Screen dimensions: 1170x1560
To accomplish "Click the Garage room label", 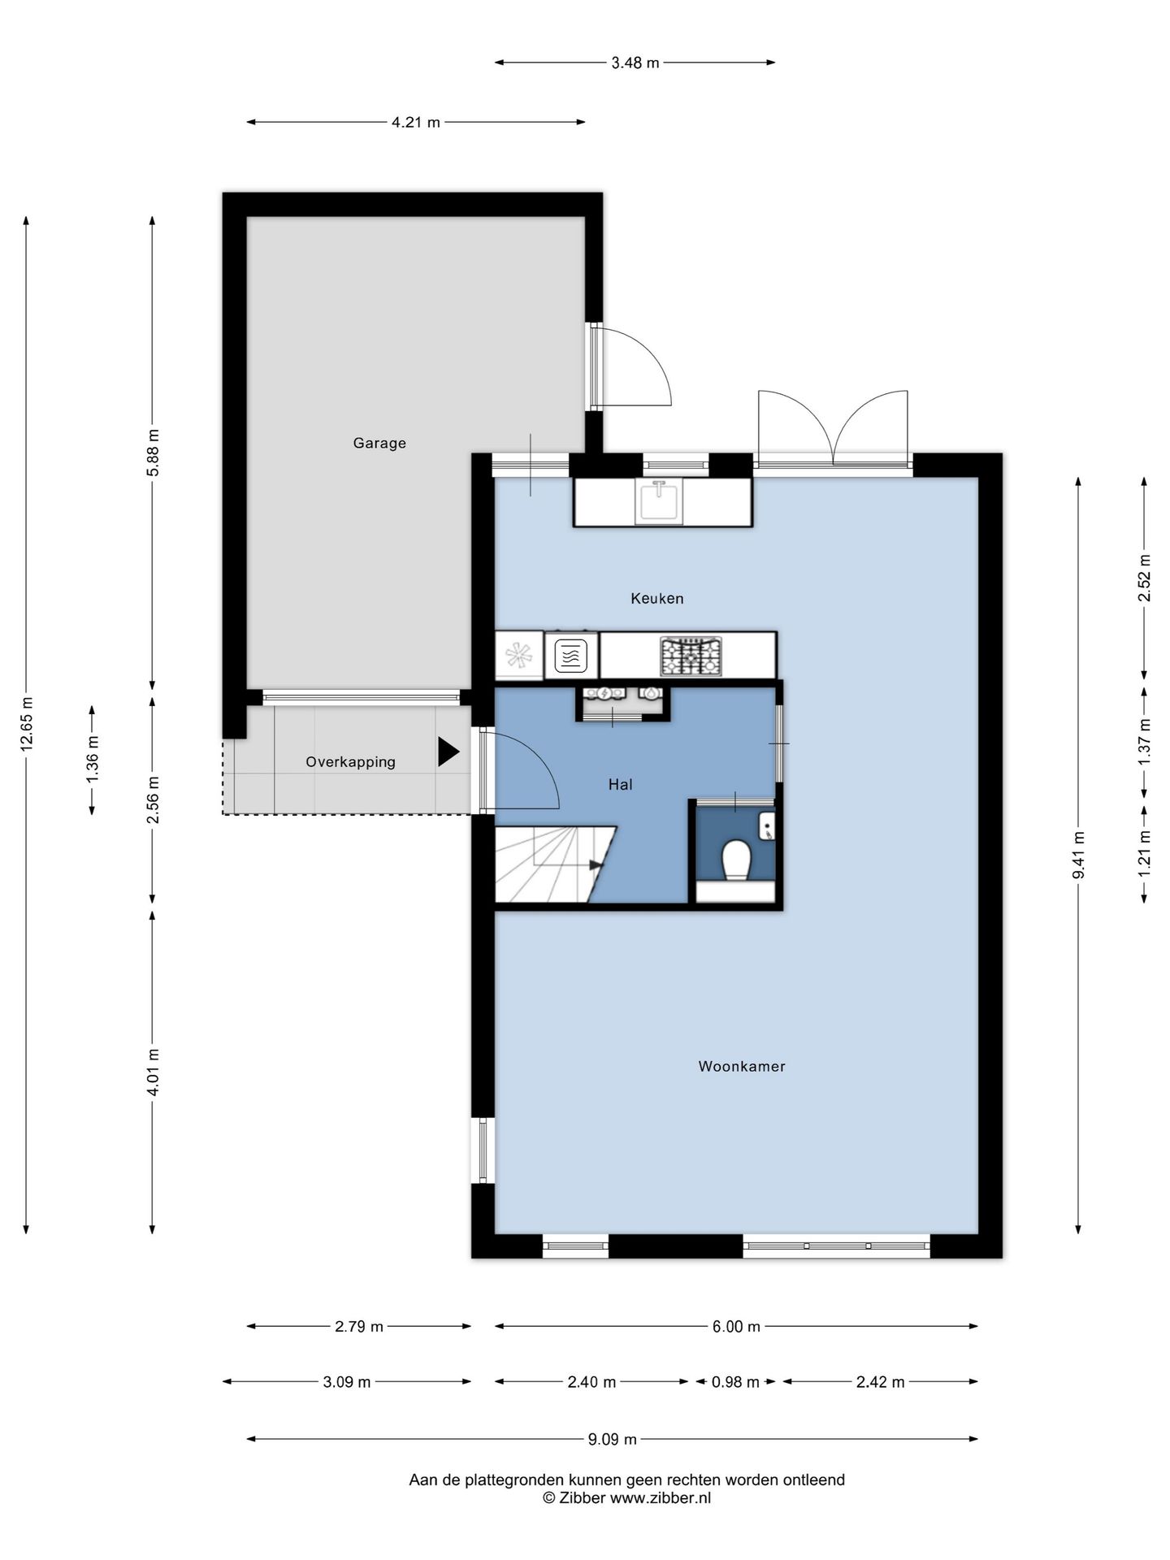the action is [x=379, y=443].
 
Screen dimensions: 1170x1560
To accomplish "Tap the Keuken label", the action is [x=657, y=598].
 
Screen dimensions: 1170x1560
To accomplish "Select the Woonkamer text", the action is [x=742, y=1066].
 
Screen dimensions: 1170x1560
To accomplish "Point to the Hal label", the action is [x=621, y=784].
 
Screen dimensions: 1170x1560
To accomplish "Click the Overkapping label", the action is [x=350, y=762].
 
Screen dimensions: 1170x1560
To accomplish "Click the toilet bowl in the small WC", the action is [x=736, y=860].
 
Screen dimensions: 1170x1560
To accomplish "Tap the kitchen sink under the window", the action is [x=659, y=500].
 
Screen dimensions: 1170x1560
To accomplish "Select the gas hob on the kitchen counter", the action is [x=691, y=656].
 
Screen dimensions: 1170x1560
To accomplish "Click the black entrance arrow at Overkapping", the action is [x=448, y=752].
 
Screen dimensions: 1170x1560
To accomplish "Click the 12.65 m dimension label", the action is [x=26, y=724].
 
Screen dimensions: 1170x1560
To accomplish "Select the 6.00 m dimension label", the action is [x=737, y=1326].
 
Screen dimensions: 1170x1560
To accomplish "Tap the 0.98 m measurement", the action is [x=735, y=1381].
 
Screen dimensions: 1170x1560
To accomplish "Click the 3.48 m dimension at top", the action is [x=635, y=63].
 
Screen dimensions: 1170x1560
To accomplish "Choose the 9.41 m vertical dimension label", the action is [x=1078, y=856].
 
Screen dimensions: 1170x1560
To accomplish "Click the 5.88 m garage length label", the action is [x=153, y=453].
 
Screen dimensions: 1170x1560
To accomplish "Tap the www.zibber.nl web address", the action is [x=661, y=1497].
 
